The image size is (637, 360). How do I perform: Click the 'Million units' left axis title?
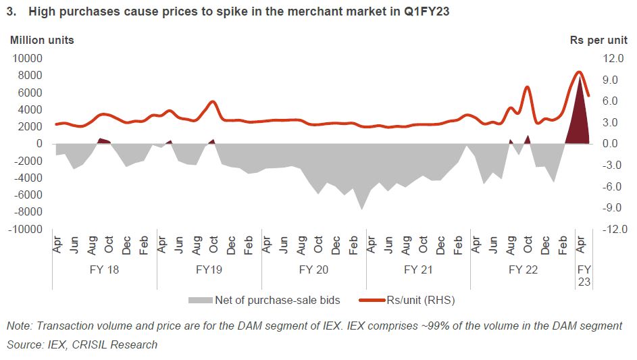point(42,40)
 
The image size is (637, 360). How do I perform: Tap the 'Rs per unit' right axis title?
point(598,40)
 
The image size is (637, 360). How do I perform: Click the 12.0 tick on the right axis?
point(607,59)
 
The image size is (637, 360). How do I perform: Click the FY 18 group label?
point(105,269)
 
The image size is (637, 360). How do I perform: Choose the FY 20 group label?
point(314,269)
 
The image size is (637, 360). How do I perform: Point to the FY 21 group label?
point(418,269)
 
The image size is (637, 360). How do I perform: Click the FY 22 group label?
point(523,269)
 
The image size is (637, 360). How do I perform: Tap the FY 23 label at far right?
point(584,276)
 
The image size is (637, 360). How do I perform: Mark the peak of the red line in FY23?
point(579,72)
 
